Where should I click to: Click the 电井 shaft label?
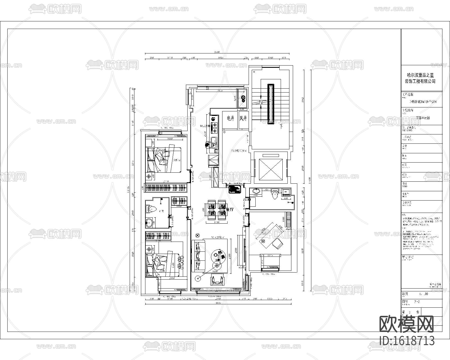[230, 119]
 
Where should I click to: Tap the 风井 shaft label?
[243, 119]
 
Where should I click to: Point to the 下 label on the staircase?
[281, 126]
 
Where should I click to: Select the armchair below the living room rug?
[218, 280]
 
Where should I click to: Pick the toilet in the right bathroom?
[274, 194]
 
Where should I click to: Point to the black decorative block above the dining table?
[234, 189]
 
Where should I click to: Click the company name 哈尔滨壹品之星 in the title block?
[420, 75]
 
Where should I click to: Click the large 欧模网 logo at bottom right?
[407, 324]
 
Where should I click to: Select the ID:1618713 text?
[407, 341]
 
